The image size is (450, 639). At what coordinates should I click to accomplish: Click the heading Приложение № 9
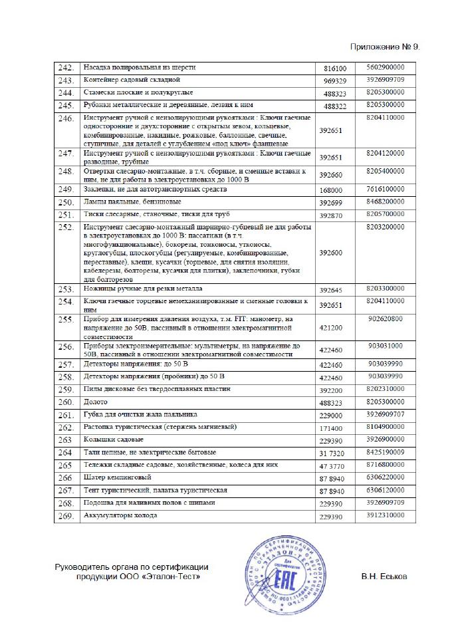point(385,48)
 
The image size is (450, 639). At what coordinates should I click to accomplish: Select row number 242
point(66,68)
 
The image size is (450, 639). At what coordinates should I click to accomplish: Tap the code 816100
point(335,68)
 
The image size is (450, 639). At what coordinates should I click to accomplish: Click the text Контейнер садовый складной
point(124,79)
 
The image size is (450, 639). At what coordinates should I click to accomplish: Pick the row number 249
point(66,190)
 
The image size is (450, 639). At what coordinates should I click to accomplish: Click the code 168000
point(331,190)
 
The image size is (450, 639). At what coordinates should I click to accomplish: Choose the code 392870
point(331,215)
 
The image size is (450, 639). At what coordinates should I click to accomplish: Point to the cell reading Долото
point(94,402)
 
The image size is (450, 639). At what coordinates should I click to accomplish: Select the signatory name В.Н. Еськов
point(385,576)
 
